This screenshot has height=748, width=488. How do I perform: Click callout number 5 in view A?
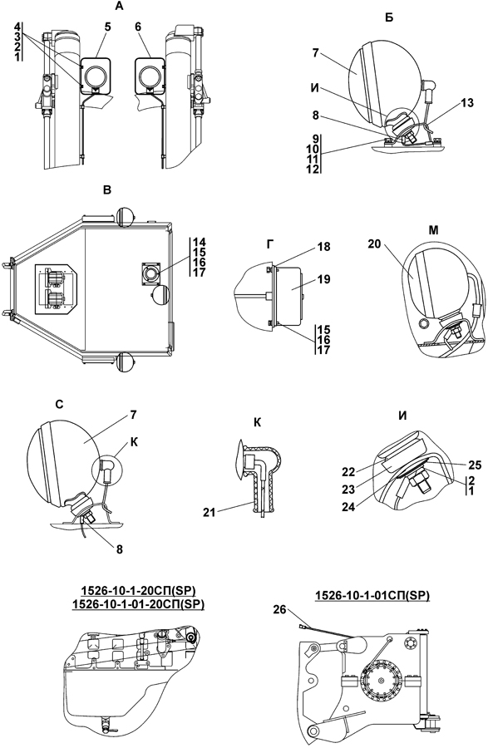[x=108, y=27]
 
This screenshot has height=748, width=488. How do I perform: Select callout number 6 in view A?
[x=138, y=27]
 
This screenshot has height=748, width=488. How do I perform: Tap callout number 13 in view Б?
[x=467, y=102]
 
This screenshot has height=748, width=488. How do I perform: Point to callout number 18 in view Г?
[x=324, y=247]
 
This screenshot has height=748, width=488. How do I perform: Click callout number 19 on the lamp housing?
[x=324, y=278]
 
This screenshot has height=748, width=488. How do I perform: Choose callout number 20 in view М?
[x=374, y=244]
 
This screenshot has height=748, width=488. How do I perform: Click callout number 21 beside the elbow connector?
[x=209, y=512]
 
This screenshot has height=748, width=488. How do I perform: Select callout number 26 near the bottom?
[x=280, y=610]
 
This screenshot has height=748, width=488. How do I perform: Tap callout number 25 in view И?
[x=475, y=465]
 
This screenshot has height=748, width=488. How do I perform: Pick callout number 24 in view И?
[x=348, y=507]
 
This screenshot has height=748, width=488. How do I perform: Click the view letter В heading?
[x=107, y=189]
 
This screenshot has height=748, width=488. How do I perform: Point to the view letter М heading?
[x=433, y=230]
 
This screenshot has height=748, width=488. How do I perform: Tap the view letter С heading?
[x=59, y=405]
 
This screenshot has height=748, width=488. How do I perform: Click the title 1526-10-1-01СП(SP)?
[x=372, y=595]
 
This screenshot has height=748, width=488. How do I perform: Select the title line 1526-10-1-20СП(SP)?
[x=138, y=591]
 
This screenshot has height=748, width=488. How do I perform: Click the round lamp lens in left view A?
[x=96, y=76]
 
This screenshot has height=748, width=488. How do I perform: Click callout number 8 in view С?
[x=120, y=549]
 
